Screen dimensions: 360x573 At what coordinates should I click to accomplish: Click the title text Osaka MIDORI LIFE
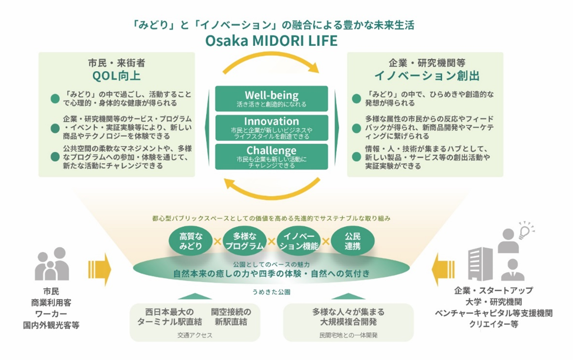[x=272, y=40]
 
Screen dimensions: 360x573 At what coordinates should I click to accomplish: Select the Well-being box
[x=271, y=98]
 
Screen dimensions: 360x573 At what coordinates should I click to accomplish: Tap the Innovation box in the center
[x=271, y=127]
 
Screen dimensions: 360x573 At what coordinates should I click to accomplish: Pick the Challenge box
[x=271, y=156]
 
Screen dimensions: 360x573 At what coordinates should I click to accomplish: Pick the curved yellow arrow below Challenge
[x=271, y=188]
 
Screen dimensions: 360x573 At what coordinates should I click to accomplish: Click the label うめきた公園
[x=271, y=292]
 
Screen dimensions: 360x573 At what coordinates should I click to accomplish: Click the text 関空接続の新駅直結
[x=231, y=317]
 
